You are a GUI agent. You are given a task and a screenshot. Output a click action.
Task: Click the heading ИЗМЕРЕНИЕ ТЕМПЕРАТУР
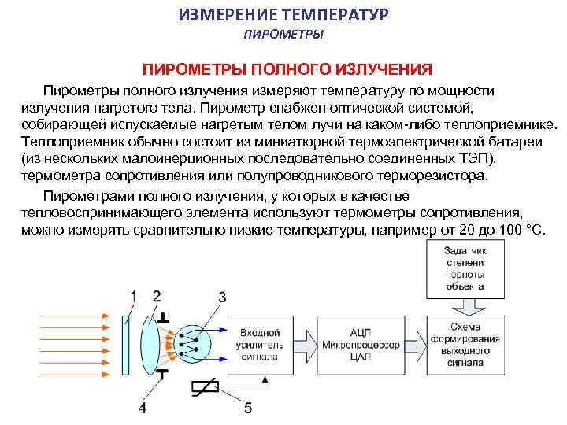click(283, 16)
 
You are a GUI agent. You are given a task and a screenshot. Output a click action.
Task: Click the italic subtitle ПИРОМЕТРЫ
click(283, 35)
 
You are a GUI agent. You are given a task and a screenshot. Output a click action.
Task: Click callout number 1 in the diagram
click(133, 296)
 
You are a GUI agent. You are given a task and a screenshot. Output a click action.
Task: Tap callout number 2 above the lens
click(156, 295)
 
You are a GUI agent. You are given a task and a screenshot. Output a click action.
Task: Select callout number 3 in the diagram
click(222, 297)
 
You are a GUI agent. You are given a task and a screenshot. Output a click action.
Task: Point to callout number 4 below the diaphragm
click(143, 408)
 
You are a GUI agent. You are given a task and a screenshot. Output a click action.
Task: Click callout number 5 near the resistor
click(249, 408)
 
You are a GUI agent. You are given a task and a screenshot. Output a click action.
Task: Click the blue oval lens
click(150, 342)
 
